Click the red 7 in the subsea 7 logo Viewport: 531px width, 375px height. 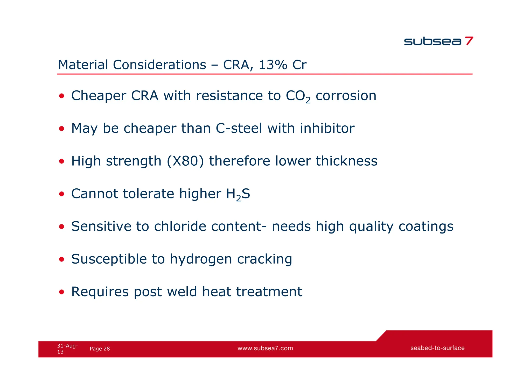point(469,41)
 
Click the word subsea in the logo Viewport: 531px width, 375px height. point(432,41)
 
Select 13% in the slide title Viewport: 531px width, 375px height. point(273,65)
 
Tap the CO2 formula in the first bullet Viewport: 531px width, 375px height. point(298,96)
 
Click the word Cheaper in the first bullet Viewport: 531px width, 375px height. point(99,96)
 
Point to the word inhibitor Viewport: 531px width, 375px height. point(327,128)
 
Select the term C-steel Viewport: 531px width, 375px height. point(239,128)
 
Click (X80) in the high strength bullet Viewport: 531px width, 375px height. point(185,161)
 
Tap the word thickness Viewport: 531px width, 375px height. point(346,161)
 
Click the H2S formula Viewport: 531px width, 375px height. point(238,194)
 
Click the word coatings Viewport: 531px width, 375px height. point(426,227)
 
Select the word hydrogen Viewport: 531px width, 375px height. point(201,259)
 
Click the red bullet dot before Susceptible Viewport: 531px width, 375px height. point(61,259)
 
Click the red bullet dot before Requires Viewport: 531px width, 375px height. point(61,292)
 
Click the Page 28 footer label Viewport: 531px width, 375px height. point(100,349)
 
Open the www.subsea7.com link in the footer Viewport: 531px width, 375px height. point(265,348)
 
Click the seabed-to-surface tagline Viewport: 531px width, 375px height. point(437,348)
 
